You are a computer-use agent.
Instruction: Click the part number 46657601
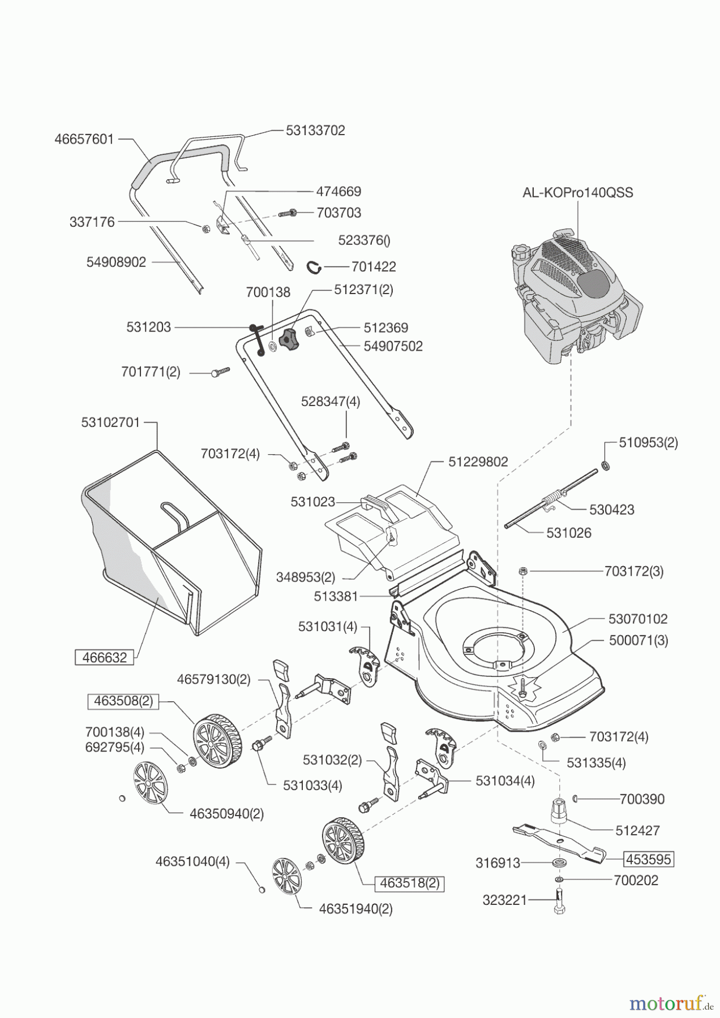[x=84, y=139]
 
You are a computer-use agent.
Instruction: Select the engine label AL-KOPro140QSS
[x=577, y=192]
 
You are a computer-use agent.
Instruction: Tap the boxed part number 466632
[x=105, y=658]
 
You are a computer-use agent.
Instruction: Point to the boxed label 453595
[x=649, y=860]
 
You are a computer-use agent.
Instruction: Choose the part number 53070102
[x=638, y=619]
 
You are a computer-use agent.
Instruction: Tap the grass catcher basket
[x=170, y=543]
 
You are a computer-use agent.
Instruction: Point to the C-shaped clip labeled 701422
[x=316, y=266]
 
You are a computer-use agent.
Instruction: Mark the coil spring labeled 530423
[x=551, y=500]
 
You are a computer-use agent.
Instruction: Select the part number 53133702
[x=315, y=130]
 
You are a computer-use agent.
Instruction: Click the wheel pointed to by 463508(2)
[x=215, y=741]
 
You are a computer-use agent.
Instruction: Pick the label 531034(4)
[x=505, y=780]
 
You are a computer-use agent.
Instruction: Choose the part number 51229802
[x=478, y=461]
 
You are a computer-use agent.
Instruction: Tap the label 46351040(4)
[x=192, y=862]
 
